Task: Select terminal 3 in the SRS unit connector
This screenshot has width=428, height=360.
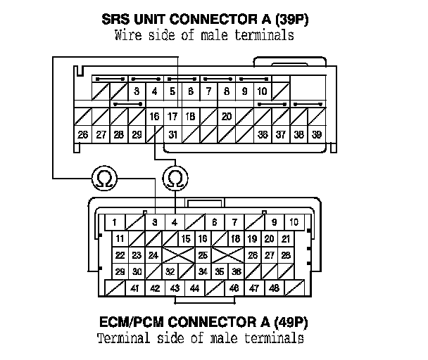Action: click(x=137, y=91)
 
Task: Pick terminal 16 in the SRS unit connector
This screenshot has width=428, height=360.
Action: click(x=155, y=115)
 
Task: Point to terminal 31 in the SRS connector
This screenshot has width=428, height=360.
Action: click(x=172, y=134)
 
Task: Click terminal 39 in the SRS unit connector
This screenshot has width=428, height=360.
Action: click(x=317, y=134)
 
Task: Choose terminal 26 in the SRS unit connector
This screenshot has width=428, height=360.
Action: click(x=83, y=134)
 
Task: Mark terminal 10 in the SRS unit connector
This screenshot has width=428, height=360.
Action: click(x=262, y=91)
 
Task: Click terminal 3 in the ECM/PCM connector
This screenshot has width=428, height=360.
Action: click(x=154, y=223)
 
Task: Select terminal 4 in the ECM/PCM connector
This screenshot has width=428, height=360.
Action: click(x=174, y=223)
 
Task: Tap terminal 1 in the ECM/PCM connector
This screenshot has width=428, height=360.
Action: click(x=114, y=223)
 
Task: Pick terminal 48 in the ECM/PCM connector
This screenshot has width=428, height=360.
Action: click(x=274, y=288)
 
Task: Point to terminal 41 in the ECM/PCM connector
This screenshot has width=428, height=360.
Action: click(x=134, y=288)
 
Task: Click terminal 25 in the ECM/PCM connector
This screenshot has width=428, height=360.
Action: click(x=203, y=255)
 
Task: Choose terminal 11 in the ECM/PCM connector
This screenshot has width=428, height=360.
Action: click(x=120, y=239)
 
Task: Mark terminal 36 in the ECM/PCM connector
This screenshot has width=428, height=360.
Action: click(x=237, y=271)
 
